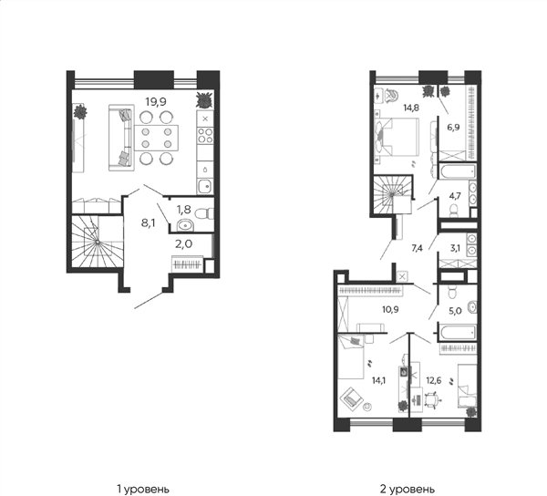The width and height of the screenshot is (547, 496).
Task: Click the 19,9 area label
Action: point(156,102)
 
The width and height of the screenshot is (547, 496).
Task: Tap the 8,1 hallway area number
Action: point(149,223)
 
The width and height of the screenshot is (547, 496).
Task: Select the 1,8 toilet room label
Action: point(183,210)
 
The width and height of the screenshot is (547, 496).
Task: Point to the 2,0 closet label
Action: point(183,244)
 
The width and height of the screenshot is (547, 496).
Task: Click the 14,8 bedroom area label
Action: point(411,108)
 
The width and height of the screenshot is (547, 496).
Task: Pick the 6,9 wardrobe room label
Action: point(453,127)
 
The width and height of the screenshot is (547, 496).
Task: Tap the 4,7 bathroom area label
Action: point(455,196)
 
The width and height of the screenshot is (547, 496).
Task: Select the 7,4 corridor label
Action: point(418,248)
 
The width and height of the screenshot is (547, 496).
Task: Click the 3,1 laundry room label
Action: point(455,248)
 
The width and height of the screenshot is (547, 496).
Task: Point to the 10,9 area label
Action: point(390,309)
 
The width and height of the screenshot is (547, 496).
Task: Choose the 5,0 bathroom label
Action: point(456,311)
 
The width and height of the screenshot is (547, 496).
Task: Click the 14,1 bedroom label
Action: point(379,380)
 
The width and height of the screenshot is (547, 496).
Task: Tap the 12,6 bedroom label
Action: point(434,380)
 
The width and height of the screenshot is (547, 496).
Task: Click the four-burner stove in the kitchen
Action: point(205,135)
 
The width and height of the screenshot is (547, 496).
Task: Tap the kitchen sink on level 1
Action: point(205,187)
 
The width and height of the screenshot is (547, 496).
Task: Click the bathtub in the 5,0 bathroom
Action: point(458,332)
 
